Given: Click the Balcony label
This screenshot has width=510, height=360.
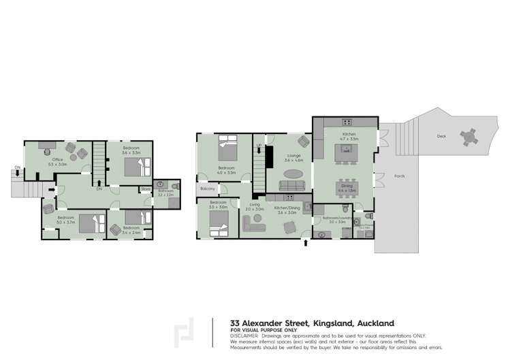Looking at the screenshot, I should coord(207,189).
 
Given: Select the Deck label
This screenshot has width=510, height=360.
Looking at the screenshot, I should coord(442,136).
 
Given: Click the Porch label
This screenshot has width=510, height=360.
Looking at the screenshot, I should coord(399,176).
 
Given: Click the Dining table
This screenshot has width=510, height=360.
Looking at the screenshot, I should coord(345,183).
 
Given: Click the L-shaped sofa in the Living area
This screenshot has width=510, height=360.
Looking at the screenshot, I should coord(253,229).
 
